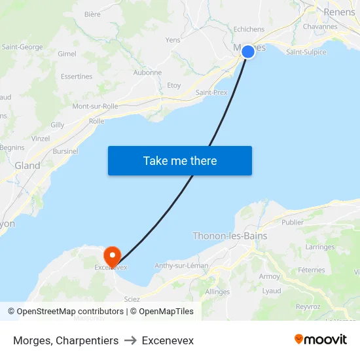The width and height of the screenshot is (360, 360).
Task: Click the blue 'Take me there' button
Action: pyautogui.click(x=179, y=160)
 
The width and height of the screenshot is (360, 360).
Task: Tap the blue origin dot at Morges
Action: pyautogui.click(x=248, y=52)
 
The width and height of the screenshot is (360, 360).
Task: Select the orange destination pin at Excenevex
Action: pyautogui.click(x=113, y=256)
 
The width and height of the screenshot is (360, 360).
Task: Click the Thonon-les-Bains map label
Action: pyautogui.click(x=230, y=236)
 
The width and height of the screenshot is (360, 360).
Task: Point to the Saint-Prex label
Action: pyautogui.click(x=211, y=92)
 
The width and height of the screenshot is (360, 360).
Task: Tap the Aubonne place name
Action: pyautogui.click(x=147, y=73)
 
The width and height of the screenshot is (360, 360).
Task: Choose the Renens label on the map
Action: pyautogui.click(x=339, y=12)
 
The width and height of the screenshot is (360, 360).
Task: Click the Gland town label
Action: pyautogui.click(x=27, y=166)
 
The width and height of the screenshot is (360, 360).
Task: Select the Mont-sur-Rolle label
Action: pyautogui.click(x=95, y=106)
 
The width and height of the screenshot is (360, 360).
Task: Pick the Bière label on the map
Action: pyautogui.click(x=92, y=14)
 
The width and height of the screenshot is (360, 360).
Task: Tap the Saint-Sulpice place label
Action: pyautogui.click(x=306, y=52)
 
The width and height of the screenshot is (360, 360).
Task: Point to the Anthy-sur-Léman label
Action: pyautogui.click(x=181, y=266)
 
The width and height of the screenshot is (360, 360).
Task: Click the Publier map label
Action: pyautogui.click(x=292, y=222)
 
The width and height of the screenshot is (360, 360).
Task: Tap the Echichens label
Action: pyautogui.click(x=249, y=29)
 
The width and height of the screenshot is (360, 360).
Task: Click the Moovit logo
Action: pyautogui.click(x=321, y=339)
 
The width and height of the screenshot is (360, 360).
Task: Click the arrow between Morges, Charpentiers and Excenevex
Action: pyautogui.click(x=130, y=341)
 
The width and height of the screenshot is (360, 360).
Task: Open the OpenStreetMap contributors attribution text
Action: pyautogui.click(x=70, y=312)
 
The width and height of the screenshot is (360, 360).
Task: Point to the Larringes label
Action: pyautogui.click(x=320, y=247)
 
